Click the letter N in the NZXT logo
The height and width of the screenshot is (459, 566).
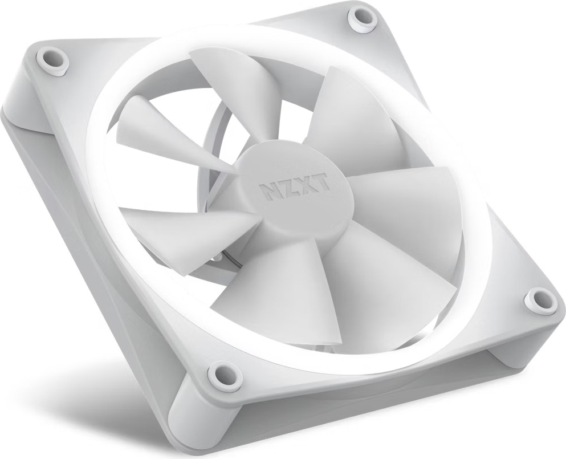point(268,191)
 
